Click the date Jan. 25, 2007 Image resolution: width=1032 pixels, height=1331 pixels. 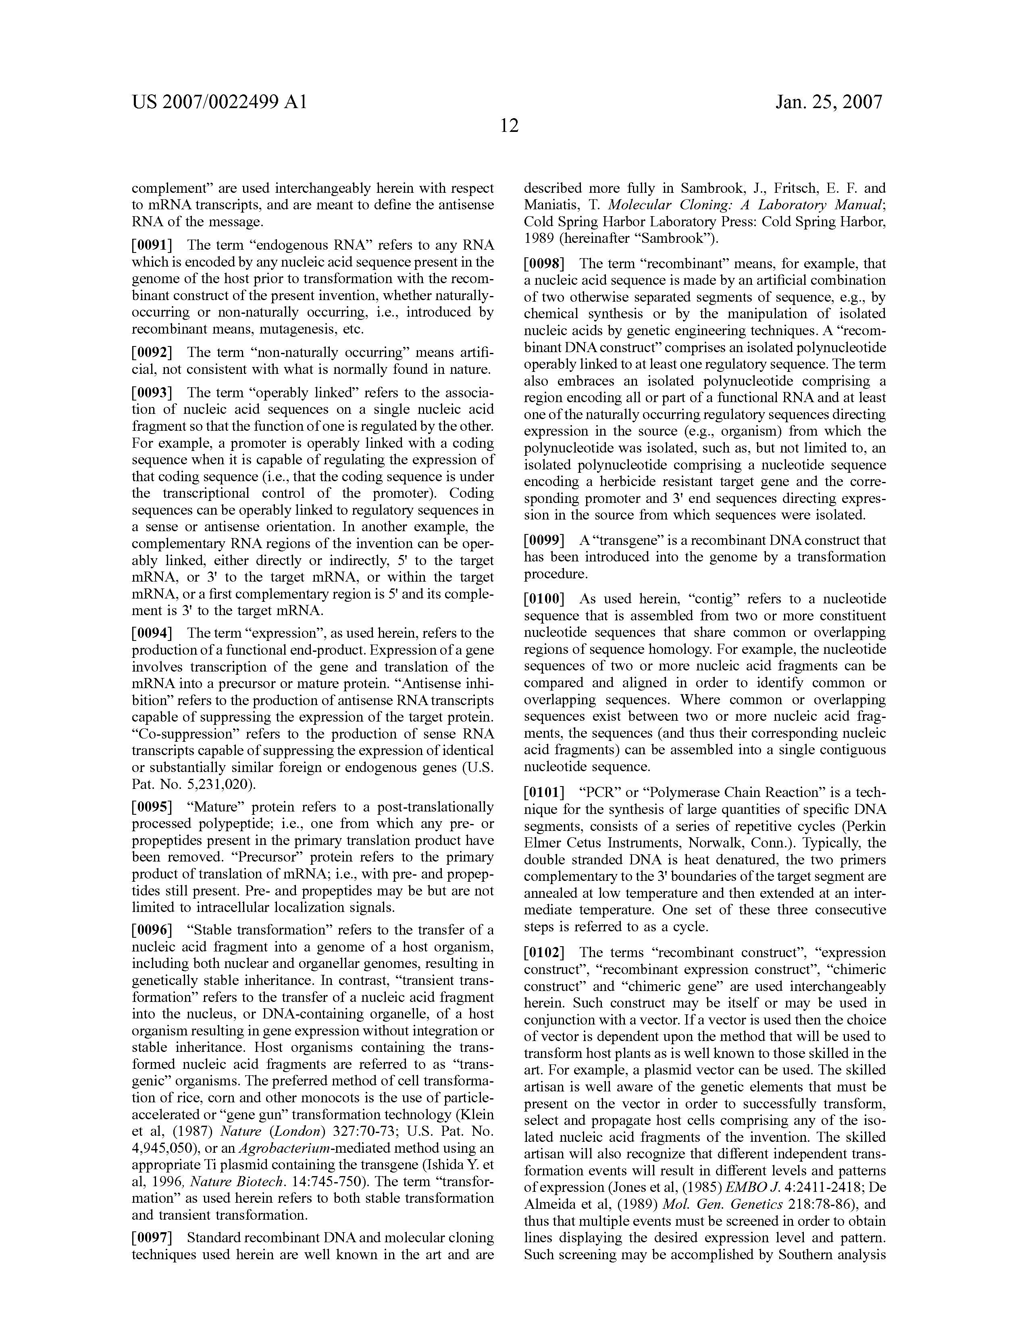[828, 102]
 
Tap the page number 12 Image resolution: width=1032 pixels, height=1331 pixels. [509, 126]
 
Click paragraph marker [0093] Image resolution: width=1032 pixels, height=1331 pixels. [152, 392]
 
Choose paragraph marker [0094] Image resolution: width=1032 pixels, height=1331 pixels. [152, 633]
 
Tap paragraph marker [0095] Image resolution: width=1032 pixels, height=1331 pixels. [152, 807]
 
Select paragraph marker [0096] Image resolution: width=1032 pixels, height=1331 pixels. [152, 930]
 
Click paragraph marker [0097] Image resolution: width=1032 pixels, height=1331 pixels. [152, 1238]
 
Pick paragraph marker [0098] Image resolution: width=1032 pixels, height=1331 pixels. [545, 264]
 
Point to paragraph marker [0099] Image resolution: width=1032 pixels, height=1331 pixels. [545, 540]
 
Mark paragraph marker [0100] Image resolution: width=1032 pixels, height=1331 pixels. [545, 599]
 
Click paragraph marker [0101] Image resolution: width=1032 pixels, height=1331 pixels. [545, 793]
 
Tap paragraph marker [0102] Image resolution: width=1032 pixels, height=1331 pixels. [545, 953]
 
